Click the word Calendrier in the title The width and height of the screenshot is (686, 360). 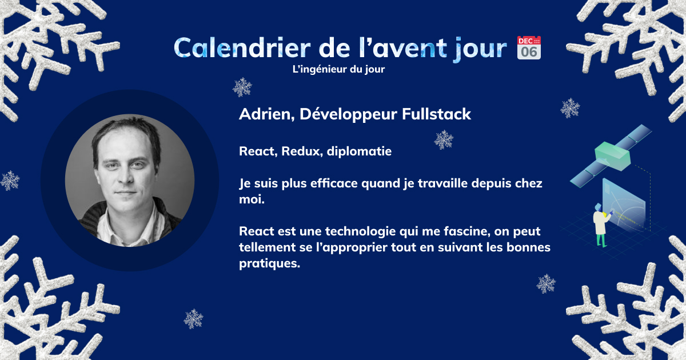click(242, 48)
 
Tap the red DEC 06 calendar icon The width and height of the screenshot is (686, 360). click(529, 48)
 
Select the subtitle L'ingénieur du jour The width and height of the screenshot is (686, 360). click(338, 69)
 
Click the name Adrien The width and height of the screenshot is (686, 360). click(266, 114)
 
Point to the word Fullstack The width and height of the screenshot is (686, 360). click(436, 114)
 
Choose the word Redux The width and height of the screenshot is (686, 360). click(302, 151)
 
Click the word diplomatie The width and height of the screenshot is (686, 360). click(359, 152)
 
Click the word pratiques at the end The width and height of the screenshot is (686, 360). click(269, 263)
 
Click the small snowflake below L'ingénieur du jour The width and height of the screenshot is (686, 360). click(242, 87)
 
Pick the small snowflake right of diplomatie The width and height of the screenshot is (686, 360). click(444, 140)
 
